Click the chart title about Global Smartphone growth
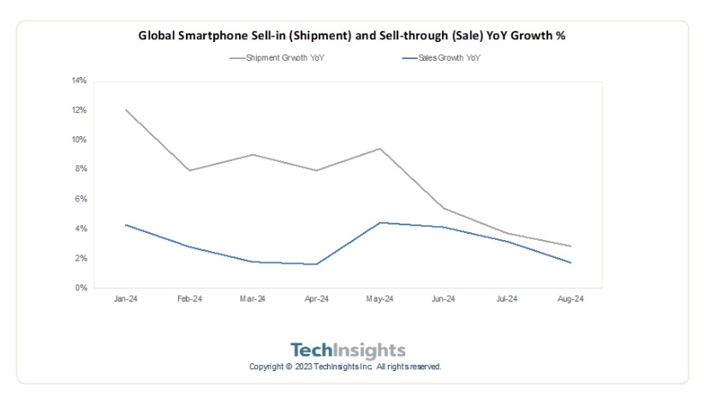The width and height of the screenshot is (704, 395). [351, 36]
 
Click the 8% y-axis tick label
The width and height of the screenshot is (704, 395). [81, 170]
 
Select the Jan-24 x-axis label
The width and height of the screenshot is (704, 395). [126, 299]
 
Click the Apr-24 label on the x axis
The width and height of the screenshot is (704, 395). [316, 299]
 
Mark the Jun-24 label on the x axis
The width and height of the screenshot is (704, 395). [443, 299]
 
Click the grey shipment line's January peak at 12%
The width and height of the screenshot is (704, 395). [126, 110]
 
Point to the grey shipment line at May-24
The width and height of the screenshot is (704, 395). [379, 149]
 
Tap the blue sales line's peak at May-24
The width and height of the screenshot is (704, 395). [379, 223]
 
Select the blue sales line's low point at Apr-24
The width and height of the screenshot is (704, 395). [316, 264]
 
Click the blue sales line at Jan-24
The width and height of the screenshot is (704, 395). [126, 224]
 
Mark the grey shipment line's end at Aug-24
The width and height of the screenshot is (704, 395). [570, 246]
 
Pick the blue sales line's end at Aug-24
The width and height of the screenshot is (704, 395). [570, 262]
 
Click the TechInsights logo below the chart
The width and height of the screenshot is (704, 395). [348, 350]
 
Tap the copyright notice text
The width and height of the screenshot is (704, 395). [345, 367]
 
